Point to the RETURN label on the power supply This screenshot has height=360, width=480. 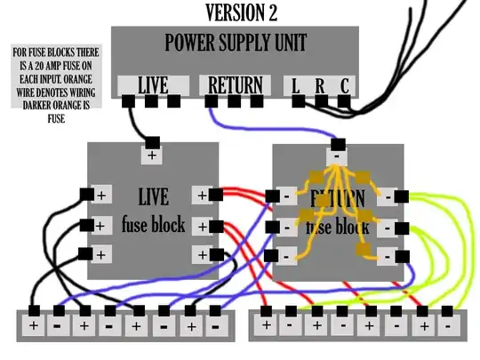(x=234, y=85)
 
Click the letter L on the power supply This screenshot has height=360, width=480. (x=295, y=85)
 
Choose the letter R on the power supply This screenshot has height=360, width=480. (x=319, y=85)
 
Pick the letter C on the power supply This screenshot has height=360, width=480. (x=343, y=85)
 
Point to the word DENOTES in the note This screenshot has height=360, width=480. (x=43, y=92)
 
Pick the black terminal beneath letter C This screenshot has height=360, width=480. (x=343, y=101)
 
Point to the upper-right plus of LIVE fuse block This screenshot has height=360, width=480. (x=203, y=195)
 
